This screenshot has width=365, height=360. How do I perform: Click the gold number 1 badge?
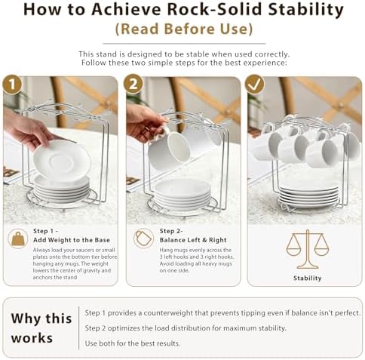[12, 84]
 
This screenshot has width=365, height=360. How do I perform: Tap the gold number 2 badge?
[133, 84]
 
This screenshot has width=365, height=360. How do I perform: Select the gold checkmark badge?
[255, 84]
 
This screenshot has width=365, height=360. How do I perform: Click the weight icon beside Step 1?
[17, 238]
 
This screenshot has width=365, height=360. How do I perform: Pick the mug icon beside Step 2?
[143, 238]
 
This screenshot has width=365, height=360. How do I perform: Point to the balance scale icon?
[307, 249]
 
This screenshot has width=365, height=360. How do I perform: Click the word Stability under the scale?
[308, 278]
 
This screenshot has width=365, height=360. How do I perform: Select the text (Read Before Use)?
[184, 29]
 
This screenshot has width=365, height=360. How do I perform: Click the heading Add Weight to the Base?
[72, 240]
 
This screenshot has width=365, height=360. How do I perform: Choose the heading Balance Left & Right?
[193, 240]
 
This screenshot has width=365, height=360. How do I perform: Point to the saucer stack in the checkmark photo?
[309, 196]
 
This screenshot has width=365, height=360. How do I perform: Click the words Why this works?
[41, 328]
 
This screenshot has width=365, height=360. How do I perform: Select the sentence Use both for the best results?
[133, 343]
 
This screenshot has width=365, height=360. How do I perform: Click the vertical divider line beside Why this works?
[78, 328]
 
